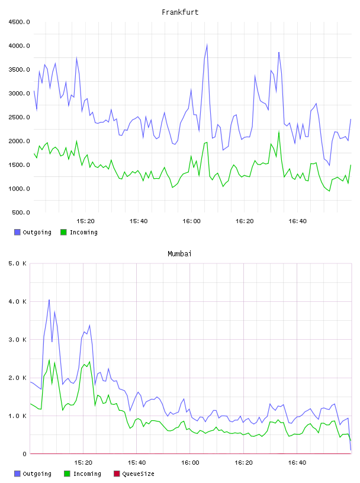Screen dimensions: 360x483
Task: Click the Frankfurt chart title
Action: pyautogui.click(x=180, y=12)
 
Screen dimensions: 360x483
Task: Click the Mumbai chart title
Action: pyautogui.click(x=179, y=254)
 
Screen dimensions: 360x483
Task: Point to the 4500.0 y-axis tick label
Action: pyautogui.click(x=19, y=22)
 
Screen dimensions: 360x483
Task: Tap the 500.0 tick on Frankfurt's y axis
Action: pyautogui.click(x=21, y=212)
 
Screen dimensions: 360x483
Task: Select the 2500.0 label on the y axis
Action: pyautogui.click(x=19, y=117)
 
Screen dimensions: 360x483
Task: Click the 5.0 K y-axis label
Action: pyautogui.click(x=18, y=263)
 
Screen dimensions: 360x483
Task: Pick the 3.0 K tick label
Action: pyautogui.click(x=18, y=340)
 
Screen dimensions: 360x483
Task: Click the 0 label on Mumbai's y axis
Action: pyautogui.click(x=25, y=454)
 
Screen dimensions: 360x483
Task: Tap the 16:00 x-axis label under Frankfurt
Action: pyautogui.click(x=191, y=221)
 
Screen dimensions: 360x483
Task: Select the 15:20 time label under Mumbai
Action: pyautogui.click(x=83, y=463)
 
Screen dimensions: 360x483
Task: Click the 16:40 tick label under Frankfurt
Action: pyautogui.click(x=297, y=221)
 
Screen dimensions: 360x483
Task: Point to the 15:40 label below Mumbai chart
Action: pyautogui.click(x=137, y=463)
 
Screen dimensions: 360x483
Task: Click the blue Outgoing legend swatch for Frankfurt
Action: pyautogui.click(x=17, y=232)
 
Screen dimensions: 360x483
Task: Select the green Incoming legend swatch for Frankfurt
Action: pyautogui.click(x=63, y=232)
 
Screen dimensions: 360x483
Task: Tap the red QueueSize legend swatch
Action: pyautogui.click(x=117, y=474)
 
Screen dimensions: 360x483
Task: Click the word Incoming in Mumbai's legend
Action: pyautogui.click(x=87, y=474)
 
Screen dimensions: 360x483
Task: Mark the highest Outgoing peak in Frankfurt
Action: pyautogui.click(x=207, y=45)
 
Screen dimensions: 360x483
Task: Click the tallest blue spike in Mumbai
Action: pyautogui.click(x=49, y=300)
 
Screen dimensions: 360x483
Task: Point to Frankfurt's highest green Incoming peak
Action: pyautogui.click(x=279, y=132)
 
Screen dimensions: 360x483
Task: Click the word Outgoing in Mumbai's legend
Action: pyautogui.click(x=37, y=474)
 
